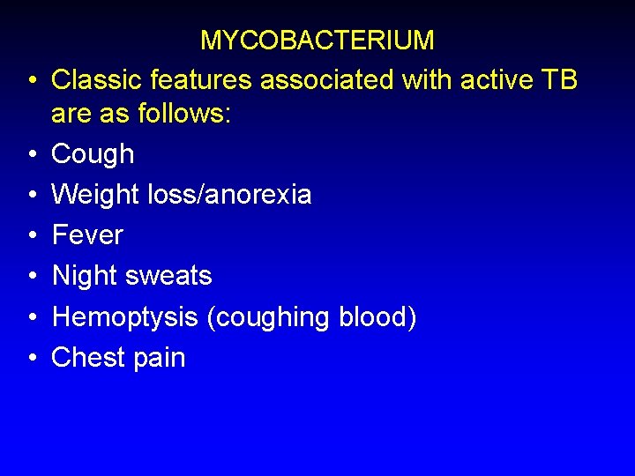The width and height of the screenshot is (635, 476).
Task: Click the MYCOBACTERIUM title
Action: tap(317, 41)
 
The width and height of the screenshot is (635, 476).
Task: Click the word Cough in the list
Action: tap(93, 154)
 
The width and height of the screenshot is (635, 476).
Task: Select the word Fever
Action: tap(87, 235)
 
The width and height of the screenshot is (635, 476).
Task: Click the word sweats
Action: tap(171, 276)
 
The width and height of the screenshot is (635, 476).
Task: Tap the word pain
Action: tap(160, 358)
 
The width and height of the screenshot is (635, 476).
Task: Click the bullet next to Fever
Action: tap(31, 236)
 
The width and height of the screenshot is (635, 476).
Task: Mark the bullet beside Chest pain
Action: tap(31, 359)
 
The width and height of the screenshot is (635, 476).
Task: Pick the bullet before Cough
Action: tap(31, 155)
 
